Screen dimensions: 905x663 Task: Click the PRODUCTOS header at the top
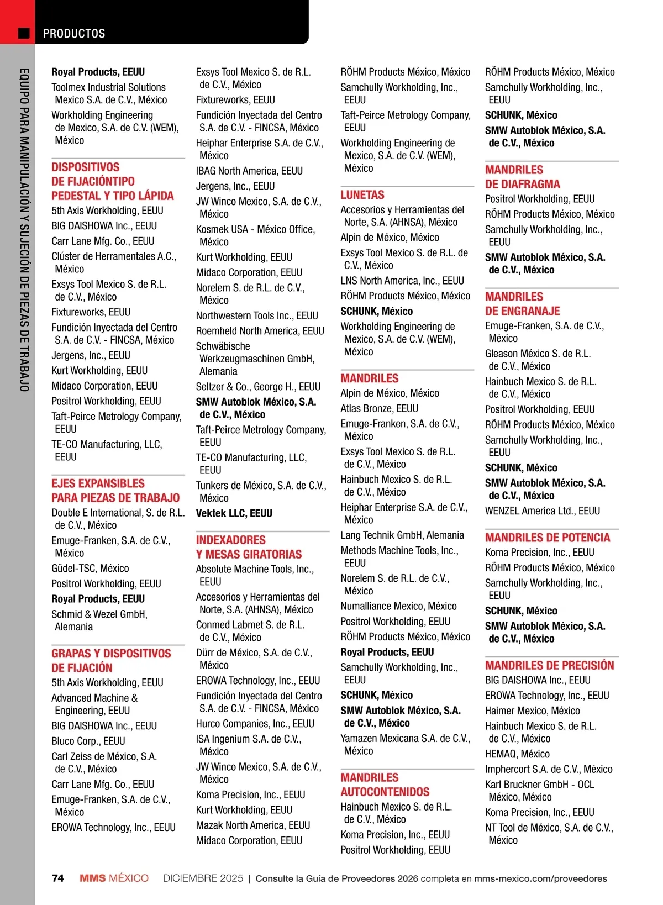coord(74,34)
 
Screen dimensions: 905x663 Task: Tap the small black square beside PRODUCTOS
coord(24,33)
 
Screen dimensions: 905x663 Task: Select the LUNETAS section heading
coord(362,195)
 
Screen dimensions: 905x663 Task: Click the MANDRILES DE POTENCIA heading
coord(548,538)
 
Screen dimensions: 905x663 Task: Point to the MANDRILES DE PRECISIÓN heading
coord(550,665)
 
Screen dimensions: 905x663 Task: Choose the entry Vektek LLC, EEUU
coord(234,513)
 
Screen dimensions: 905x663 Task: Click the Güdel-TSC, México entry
coord(90,568)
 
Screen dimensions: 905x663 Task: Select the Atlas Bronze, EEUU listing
coord(379,408)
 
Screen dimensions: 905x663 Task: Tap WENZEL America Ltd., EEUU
coord(543,511)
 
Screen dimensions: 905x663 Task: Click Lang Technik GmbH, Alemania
coord(402,535)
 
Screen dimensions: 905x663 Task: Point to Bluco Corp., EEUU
coord(88,741)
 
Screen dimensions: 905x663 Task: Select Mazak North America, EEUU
coord(253,825)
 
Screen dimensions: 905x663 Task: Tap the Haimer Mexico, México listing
coord(533,711)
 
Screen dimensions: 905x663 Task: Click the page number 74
coord(58,878)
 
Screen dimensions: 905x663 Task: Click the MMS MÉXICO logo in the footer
coord(114,878)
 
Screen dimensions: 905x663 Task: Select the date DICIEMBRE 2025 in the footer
coord(203,878)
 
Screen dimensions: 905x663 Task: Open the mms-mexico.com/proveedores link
coord(540,878)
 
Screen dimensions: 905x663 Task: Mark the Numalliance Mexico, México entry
coord(398,606)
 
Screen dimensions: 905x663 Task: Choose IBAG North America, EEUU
coord(249,171)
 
